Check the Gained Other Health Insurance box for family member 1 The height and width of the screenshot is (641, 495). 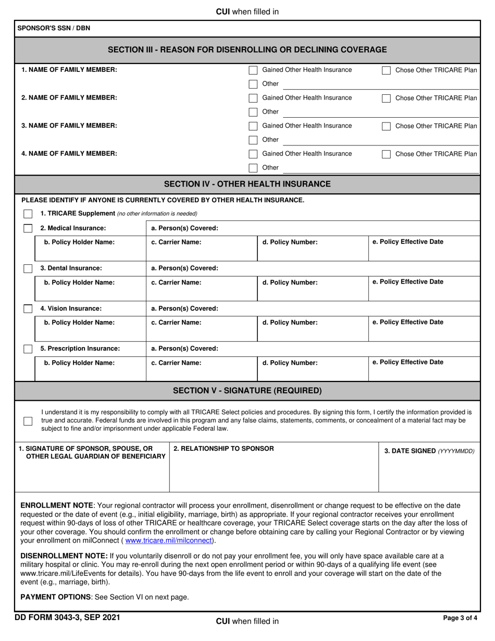253,70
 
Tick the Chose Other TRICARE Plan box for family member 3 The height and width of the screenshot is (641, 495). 386,126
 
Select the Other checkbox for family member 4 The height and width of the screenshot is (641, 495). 253,168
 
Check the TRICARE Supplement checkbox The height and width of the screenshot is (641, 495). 28,214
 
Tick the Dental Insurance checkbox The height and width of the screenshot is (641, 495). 28,268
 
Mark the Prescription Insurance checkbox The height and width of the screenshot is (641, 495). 28,349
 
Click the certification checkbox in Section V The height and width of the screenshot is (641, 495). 28,421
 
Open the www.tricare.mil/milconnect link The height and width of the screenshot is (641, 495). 168,540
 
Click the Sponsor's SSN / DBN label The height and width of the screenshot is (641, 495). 54,28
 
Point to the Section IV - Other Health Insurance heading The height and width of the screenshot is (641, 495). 247,184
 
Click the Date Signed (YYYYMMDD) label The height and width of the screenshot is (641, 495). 429,451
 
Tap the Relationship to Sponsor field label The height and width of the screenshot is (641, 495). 224,449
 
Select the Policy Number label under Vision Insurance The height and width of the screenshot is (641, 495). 290,323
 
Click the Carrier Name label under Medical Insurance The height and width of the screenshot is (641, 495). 176,242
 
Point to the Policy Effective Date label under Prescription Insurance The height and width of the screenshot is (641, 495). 408,362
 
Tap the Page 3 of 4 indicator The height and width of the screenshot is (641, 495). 460,619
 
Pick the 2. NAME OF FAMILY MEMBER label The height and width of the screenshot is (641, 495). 69,98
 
